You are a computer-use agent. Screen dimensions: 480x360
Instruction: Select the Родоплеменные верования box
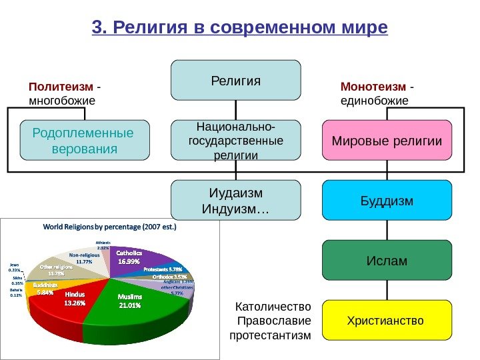83,141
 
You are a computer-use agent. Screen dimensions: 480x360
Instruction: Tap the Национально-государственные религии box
236,141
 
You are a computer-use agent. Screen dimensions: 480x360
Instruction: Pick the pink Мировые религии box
387,141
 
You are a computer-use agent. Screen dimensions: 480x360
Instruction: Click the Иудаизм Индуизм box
236,201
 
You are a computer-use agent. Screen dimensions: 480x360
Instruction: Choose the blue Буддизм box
387,200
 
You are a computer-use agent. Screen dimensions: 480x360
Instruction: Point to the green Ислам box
387,260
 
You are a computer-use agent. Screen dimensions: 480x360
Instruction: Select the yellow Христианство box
387,321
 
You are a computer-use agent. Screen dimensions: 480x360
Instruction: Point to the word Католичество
274,307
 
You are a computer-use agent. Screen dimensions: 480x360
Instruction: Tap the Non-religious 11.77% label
84,258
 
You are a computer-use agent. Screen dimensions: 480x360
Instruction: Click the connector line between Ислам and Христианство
387,290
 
